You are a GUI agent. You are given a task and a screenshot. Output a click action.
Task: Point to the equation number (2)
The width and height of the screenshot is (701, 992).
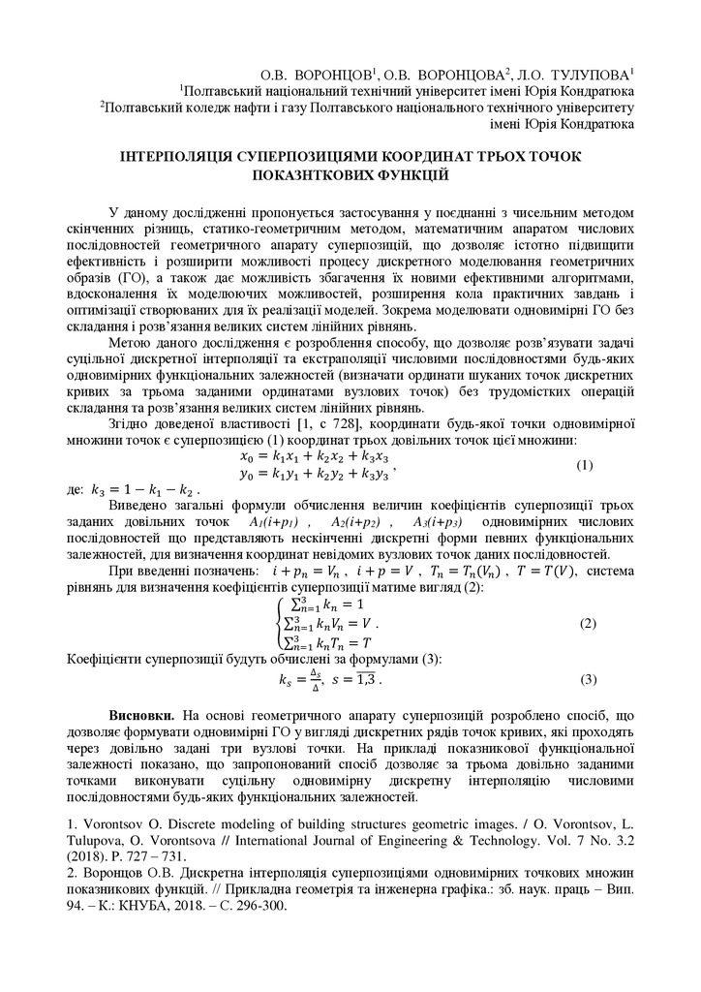587,624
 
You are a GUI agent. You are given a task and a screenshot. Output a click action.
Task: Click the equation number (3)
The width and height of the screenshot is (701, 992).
587,679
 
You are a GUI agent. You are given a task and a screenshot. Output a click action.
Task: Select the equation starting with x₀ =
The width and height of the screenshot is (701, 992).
314,455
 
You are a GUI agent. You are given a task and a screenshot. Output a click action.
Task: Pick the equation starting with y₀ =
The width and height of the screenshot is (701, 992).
314,474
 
